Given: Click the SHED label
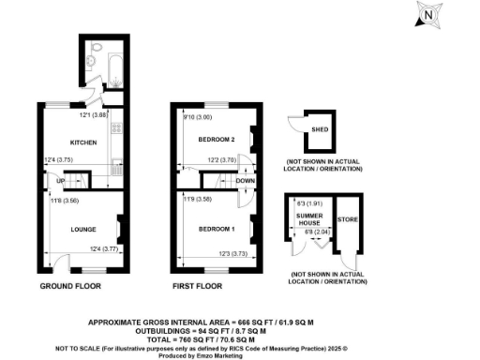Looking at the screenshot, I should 321,128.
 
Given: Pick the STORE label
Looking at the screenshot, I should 348,219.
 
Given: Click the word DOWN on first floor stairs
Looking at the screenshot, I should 245,182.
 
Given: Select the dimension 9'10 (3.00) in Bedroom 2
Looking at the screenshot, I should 199,117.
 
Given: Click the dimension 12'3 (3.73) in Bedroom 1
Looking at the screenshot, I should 238,255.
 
